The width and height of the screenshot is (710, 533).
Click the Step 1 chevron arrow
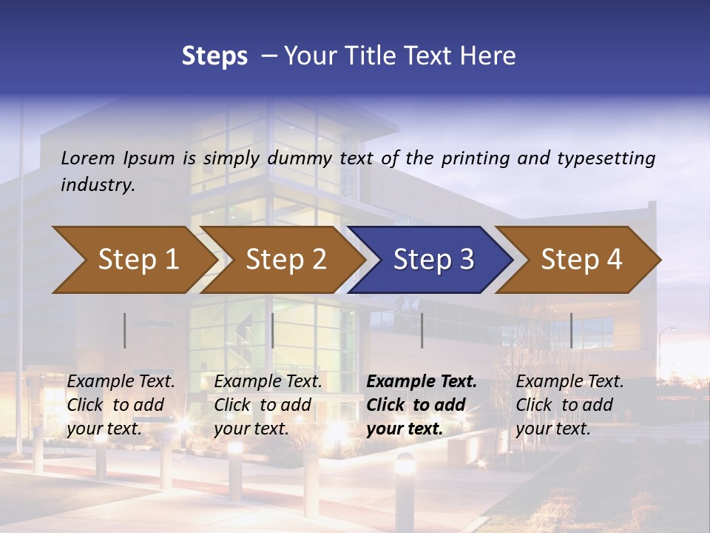pyautogui.click(x=133, y=260)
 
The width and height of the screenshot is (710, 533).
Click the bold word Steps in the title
pyautogui.click(x=214, y=56)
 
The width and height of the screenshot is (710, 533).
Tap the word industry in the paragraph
pyautogui.click(x=98, y=184)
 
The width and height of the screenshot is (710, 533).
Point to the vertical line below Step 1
pyautogui.click(x=125, y=330)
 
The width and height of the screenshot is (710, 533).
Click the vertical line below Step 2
pyautogui.click(x=273, y=330)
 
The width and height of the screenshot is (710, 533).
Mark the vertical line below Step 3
pyautogui.click(x=422, y=330)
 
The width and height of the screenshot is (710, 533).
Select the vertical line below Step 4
pyautogui.click(x=572, y=330)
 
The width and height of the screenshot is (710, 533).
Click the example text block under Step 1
pyautogui.click(x=121, y=405)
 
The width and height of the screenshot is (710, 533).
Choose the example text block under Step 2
pyautogui.click(x=268, y=405)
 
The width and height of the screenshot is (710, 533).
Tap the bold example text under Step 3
pyautogui.click(x=422, y=405)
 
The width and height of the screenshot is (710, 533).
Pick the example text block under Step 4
pyautogui.click(x=569, y=405)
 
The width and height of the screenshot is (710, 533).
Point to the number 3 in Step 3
pyautogui.click(x=466, y=260)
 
